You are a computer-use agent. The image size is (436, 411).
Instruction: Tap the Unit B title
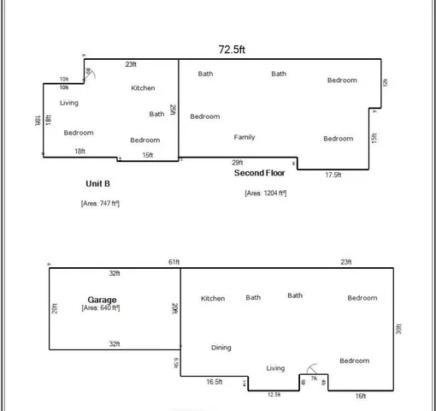tap(97, 183)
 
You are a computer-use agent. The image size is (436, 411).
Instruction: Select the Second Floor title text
tap(261, 172)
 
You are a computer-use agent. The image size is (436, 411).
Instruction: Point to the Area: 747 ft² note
tap(100, 203)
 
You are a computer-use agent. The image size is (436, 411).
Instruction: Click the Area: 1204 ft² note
tap(265, 193)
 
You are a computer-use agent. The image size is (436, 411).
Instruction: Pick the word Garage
tap(102, 299)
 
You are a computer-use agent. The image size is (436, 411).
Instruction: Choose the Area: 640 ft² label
tap(102, 307)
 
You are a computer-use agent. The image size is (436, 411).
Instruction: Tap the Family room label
tap(245, 137)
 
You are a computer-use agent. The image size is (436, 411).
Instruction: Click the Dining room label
tap(221, 348)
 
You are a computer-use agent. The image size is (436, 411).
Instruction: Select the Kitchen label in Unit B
tap(143, 88)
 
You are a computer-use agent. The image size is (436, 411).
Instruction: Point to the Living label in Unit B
tap(69, 103)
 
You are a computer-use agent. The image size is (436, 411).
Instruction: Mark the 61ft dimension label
tap(174, 262)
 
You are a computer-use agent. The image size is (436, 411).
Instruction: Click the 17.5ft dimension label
tap(333, 175)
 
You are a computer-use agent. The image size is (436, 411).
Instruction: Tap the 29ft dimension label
tap(238, 163)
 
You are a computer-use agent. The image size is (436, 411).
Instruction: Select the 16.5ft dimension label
tap(215, 381)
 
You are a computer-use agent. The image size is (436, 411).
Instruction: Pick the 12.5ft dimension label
tap(274, 394)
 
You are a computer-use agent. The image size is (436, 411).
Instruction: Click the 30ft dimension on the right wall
tap(399, 328)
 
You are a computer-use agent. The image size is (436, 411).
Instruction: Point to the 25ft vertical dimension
tap(173, 110)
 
